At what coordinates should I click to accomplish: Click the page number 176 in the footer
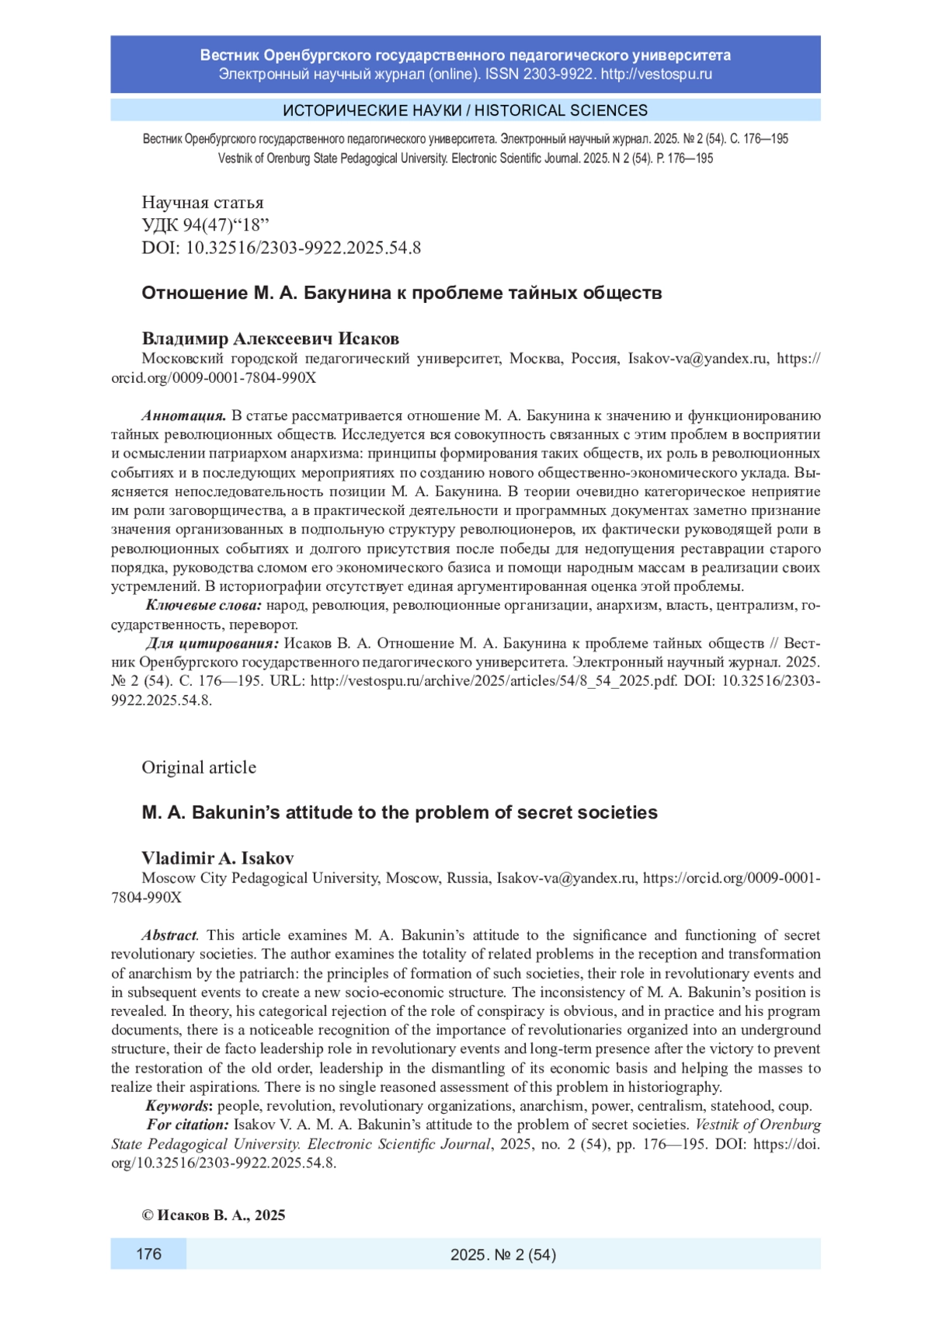tap(148, 1254)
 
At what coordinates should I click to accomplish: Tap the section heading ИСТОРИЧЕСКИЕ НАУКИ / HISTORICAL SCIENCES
tap(465, 110)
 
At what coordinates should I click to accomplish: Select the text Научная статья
tap(203, 203)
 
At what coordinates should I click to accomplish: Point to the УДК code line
tap(205, 225)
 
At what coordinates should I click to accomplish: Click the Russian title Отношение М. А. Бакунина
tap(402, 293)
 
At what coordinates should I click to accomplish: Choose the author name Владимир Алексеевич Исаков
tap(270, 339)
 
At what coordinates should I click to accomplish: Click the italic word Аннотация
tap(184, 416)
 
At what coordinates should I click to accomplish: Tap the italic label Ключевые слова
tap(204, 606)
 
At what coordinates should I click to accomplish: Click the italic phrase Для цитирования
tap(212, 644)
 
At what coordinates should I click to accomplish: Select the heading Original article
tap(199, 767)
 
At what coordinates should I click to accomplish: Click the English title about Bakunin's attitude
tap(399, 812)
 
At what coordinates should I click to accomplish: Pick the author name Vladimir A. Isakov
tap(217, 858)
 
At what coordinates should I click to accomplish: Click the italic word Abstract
tap(169, 935)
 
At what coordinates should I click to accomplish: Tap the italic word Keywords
tap(178, 1106)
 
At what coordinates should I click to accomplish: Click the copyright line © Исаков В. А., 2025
tap(214, 1215)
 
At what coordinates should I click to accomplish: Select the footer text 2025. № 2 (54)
tap(503, 1254)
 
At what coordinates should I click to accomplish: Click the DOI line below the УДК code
tap(281, 248)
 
